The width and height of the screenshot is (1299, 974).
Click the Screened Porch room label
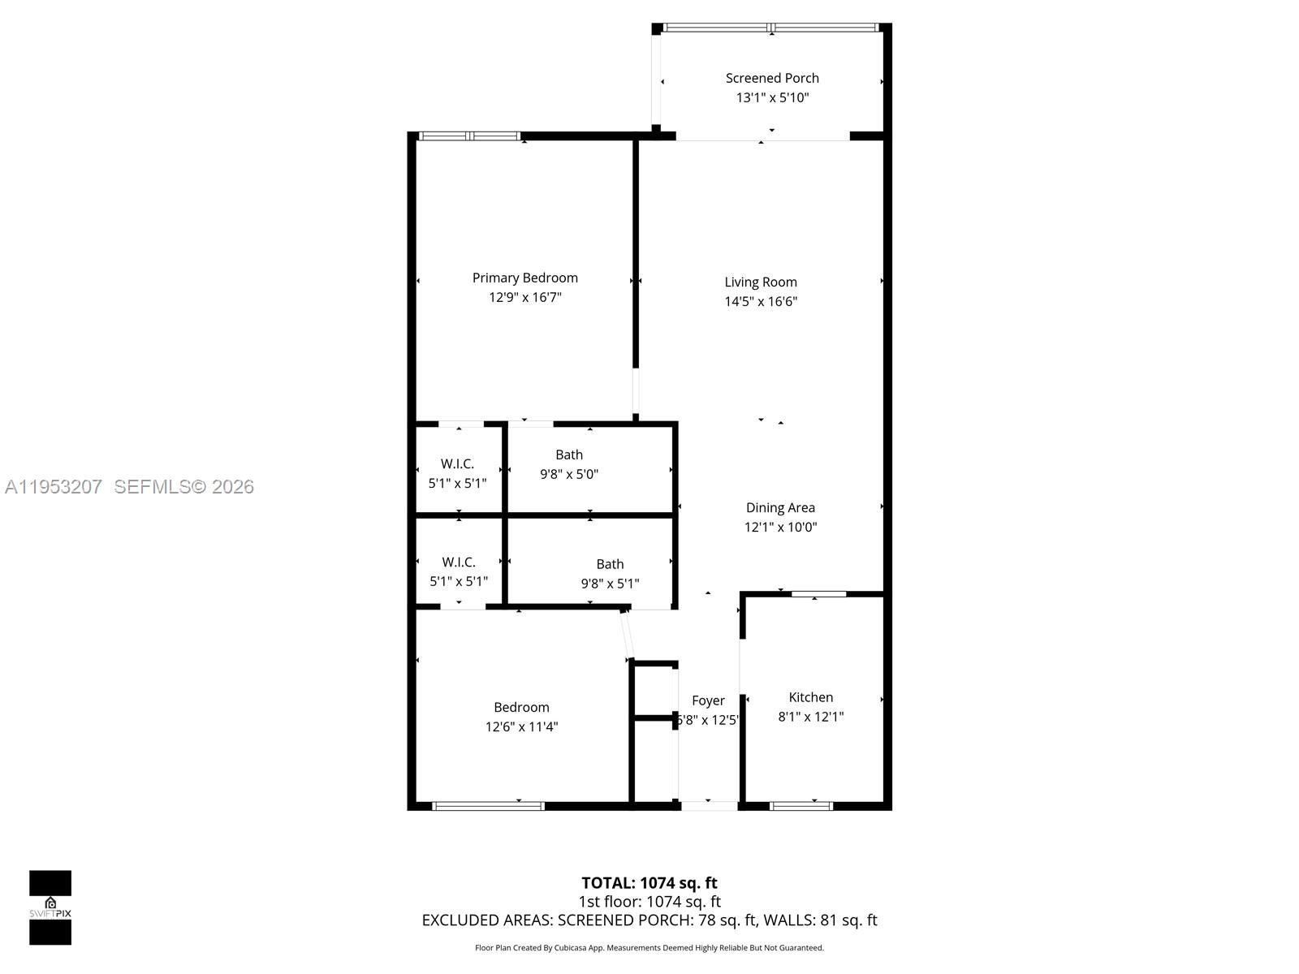point(772,78)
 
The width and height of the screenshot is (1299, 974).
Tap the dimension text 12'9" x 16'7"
point(524,297)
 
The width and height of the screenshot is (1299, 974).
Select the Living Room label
point(761,282)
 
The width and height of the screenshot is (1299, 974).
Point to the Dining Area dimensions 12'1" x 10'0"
point(780,527)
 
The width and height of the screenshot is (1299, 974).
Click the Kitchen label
point(810,697)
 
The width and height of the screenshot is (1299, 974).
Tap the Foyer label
point(708,700)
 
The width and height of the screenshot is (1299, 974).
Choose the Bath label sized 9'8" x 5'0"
point(569,455)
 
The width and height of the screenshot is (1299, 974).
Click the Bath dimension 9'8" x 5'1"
point(610,584)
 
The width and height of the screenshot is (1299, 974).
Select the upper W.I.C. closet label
point(457,463)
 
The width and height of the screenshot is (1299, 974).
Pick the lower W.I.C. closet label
point(459,562)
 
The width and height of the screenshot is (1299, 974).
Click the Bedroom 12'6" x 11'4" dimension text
point(521,726)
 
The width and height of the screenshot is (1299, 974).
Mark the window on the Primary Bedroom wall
point(470,136)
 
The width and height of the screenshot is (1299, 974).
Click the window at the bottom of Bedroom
point(488,806)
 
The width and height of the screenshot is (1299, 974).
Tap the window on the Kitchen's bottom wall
point(801,806)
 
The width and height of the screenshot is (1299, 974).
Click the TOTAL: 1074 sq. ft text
point(649,883)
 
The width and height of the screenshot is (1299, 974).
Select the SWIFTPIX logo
point(50,907)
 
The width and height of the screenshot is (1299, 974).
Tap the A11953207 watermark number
point(54,487)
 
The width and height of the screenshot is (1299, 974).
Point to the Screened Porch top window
point(771,28)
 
